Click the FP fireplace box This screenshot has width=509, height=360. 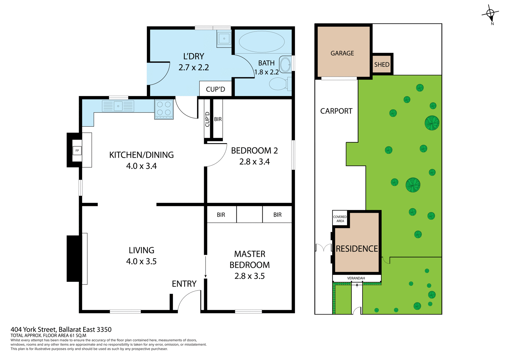click(77, 151)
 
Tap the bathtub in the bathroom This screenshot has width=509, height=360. click(262, 42)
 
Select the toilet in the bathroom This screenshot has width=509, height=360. click(278, 84)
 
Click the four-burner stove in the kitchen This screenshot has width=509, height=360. click(164, 109)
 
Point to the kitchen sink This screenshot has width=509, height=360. click(118, 106)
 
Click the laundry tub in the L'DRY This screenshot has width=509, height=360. click(224, 39)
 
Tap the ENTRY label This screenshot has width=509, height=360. click(184, 284)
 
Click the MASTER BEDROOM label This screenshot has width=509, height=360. click(249, 265)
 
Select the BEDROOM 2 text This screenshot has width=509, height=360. click(254, 151)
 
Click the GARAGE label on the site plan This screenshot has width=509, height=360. click(342, 53)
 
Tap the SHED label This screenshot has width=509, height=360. click(382, 64)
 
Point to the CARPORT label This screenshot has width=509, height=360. click(336, 111)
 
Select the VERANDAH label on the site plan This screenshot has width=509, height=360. click(356, 278)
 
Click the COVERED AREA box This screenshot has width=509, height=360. click(340, 219)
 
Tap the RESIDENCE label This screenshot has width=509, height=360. click(357, 249)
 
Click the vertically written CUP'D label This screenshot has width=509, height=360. click(207, 119)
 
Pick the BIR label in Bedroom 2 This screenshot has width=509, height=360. click(218, 119)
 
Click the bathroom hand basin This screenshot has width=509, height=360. click(285, 64)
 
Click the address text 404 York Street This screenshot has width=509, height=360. click(61, 330)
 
